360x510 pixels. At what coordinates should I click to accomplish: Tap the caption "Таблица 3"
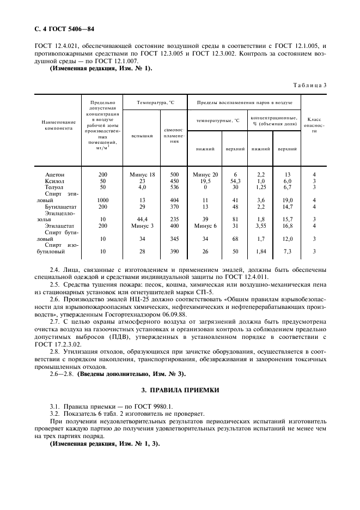309,85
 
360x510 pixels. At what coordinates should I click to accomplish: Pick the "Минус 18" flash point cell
142,174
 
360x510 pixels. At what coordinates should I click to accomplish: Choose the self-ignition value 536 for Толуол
174,187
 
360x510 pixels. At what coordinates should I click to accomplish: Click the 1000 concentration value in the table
103,200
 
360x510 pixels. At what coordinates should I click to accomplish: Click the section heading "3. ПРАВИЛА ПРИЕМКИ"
180,390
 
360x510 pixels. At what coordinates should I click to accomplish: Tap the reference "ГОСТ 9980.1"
151,406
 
